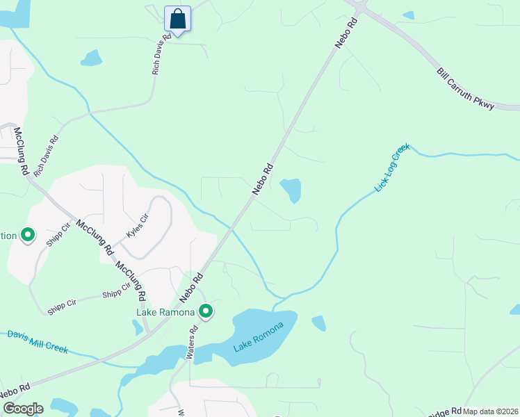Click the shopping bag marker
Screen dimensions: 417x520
coord(177,19)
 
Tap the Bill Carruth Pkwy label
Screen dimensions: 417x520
coord(465,88)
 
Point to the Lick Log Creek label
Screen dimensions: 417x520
coord(393,168)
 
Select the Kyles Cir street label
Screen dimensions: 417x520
coord(138,227)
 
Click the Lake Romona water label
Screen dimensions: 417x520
coord(259,337)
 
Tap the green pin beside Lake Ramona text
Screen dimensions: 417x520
coord(205,311)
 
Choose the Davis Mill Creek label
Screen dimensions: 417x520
coord(38,341)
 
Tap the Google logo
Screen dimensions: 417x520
coord(22,409)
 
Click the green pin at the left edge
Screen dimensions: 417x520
coord(28,236)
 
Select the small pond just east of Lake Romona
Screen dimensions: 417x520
coord(319,323)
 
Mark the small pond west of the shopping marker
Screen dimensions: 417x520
coord(91,58)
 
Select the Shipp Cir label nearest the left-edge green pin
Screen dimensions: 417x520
coord(58,236)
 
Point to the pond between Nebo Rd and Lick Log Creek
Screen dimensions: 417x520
coord(291,189)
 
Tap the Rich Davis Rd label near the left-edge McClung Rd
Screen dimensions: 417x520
coord(47,154)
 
